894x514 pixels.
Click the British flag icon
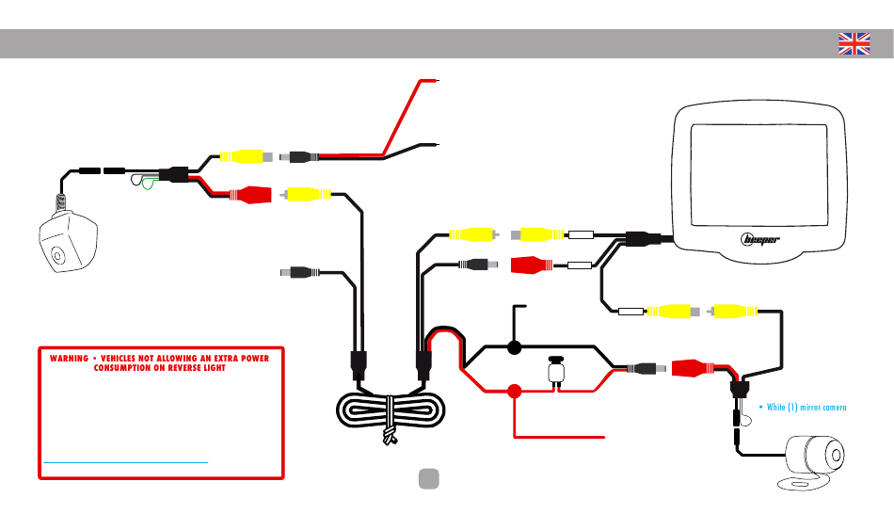(x=854, y=44)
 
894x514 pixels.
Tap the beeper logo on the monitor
(x=760, y=240)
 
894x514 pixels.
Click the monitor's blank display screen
(x=758, y=175)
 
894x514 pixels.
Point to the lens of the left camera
(x=57, y=254)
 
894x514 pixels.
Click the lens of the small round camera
(x=835, y=456)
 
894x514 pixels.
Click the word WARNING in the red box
(x=69, y=359)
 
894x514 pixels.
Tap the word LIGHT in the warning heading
(x=213, y=368)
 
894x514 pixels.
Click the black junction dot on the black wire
(x=514, y=346)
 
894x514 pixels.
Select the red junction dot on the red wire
(x=514, y=392)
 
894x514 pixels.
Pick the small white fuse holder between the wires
(x=556, y=371)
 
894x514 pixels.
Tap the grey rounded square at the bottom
(x=429, y=478)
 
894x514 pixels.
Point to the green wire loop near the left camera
(x=149, y=184)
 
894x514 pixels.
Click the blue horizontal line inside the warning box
(x=125, y=462)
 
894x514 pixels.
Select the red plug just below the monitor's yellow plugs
(x=532, y=265)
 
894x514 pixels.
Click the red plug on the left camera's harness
(x=250, y=195)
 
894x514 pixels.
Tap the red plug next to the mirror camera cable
(x=693, y=368)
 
